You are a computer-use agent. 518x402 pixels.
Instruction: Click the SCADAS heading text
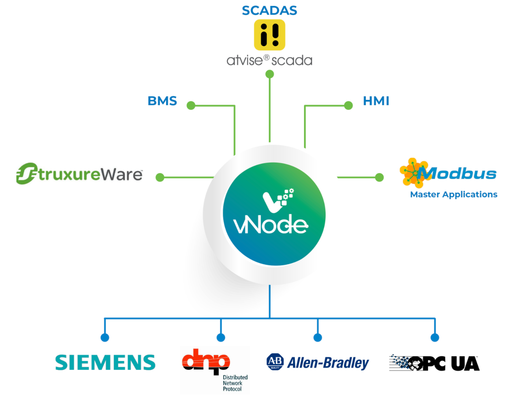tap(269, 11)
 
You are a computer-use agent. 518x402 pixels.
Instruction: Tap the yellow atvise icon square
tap(270, 35)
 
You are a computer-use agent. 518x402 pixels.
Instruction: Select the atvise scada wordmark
tap(270, 60)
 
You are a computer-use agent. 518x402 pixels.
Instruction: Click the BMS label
tap(162, 101)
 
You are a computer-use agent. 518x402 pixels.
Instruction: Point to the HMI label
tap(376, 101)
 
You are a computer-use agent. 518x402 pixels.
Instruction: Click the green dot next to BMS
tap(191, 105)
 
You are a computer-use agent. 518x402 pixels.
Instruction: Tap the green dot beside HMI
tap(348, 105)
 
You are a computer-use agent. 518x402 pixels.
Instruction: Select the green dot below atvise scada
tap(270, 74)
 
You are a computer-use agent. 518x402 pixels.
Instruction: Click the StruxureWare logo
tap(79, 174)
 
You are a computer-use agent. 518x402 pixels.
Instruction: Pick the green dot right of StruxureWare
tap(160, 177)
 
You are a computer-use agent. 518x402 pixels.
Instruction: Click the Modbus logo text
tap(457, 174)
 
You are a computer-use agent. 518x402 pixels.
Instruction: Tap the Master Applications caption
tap(454, 194)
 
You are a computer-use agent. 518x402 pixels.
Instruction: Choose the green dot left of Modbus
tap(379, 177)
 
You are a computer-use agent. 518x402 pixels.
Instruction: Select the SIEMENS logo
tap(105, 362)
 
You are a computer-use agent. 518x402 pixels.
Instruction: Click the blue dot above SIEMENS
tap(105, 337)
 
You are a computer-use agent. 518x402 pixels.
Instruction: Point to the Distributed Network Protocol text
tap(235, 383)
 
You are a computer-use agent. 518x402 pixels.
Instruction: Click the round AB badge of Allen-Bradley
tap(275, 361)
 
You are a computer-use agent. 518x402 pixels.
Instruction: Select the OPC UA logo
tap(434, 363)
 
